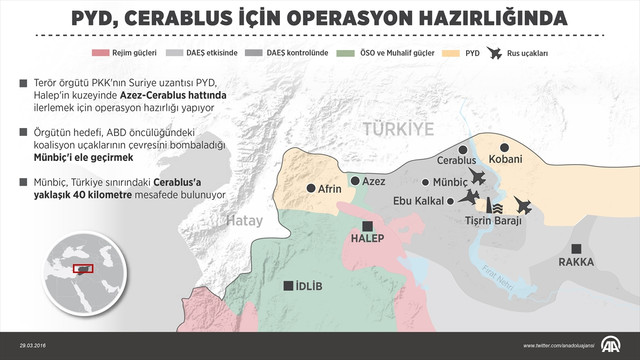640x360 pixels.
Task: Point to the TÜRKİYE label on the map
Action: click(400, 130)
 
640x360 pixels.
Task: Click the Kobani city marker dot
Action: click(491, 160)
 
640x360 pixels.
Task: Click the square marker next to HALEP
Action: click(368, 225)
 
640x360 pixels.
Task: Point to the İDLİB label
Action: click(309, 285)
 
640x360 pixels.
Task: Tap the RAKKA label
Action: click(576, 262)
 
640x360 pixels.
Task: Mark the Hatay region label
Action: click(244, 222)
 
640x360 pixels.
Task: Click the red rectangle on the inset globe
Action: click(84, 268)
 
